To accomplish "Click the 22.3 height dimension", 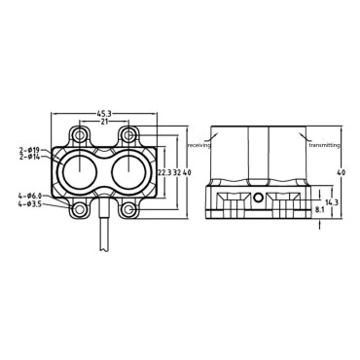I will (162, 172).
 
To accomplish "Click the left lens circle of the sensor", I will (76, 173).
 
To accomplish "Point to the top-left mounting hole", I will (76, 133).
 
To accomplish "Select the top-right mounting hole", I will (126, 133).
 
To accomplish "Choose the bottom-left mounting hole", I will (76, 209).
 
